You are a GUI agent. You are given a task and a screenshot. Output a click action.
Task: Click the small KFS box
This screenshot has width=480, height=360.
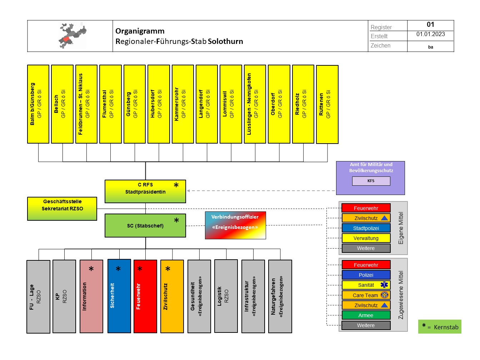[x=371, y=181]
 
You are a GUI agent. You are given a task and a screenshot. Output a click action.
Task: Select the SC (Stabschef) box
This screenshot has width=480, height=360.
[x=145, y=225]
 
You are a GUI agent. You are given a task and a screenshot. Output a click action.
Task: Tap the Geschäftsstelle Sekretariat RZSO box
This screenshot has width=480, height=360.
[x=62, y=209]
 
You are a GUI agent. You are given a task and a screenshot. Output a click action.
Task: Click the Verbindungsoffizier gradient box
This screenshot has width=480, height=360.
[x=235, y=225]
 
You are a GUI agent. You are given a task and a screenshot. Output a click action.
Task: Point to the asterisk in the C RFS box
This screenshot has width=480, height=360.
[x=176, y=185]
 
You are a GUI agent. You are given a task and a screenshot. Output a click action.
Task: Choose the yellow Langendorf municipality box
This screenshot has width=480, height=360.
[x=207, y=104]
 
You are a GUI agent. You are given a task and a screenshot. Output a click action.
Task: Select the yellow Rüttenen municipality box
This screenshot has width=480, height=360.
[x=327, y=104]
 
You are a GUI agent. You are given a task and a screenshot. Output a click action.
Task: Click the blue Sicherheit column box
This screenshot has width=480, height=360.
[x=119, y=296]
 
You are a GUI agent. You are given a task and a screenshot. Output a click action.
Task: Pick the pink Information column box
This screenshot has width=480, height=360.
[x=91, y=296]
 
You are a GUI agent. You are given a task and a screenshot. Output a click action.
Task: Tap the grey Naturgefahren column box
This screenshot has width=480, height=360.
[x=280, y=296]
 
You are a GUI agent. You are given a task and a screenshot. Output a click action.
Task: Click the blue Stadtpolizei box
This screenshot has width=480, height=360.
[x=366, y=228]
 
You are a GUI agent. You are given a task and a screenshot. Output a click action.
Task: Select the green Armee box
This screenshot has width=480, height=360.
[x=366, y=315]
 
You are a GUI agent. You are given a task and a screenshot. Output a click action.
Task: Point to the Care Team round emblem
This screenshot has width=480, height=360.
[x=384, y=295]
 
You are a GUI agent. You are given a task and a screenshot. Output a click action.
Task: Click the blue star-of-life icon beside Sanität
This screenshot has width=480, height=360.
[x=384, y=285]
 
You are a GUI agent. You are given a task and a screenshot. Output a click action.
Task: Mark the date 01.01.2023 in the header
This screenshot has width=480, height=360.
[x=430, y=34]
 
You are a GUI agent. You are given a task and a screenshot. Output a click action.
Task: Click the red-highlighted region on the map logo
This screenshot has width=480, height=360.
[x=66, y=39]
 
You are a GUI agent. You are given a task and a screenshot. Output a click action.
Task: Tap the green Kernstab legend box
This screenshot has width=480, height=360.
[x=440, y=326]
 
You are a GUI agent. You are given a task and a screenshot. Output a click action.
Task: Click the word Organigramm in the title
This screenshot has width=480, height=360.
[x=140, y=31]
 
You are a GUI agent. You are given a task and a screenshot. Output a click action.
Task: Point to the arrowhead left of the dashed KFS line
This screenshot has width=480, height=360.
[x=188, y=191]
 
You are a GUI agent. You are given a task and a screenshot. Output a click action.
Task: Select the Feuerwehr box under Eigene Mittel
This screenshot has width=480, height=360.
[x=366, y=208]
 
